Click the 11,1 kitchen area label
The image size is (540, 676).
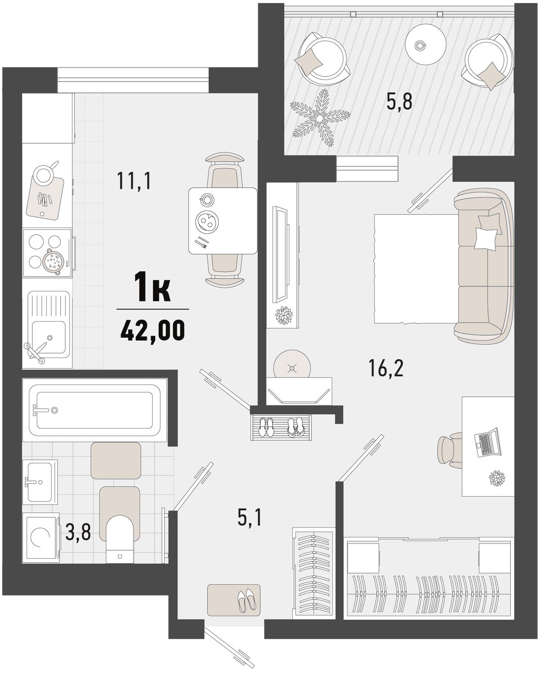pos(134,182)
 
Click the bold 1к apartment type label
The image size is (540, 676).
pos(153,287)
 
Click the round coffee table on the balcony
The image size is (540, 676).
pos(426,45)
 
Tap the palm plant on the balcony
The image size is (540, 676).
pos(320,117)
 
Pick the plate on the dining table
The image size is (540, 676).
pos(207,221)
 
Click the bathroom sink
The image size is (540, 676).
pos(40,482)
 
